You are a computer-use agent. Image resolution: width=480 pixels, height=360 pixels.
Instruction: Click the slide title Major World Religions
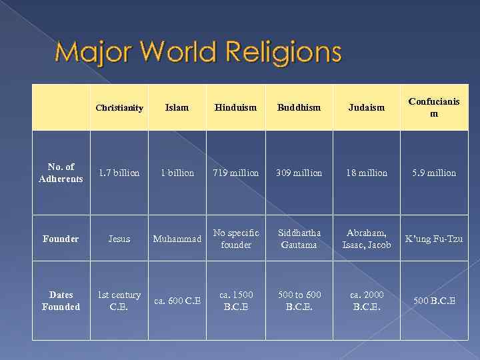[x=198, y=51]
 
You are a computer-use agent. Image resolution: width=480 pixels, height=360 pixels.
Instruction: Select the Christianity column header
[x=119, y=107]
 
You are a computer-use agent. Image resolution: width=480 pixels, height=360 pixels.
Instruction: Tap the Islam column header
[x=177, y=107]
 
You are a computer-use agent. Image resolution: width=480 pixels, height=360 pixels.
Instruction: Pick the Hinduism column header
[x=235, y=107]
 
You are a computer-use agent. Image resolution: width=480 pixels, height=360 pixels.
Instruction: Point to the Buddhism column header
[x=299, y=107]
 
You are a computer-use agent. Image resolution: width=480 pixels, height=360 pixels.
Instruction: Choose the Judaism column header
[x=366, y=107]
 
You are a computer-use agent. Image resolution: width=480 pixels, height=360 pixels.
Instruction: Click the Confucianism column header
[x=433, y=107]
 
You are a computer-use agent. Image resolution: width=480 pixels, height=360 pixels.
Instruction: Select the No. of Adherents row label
[x=61, y=173]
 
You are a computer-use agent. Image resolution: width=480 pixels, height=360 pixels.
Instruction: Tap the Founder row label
[x=61, y=239]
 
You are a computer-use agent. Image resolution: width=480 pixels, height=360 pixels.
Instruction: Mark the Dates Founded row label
[x=61, y=301]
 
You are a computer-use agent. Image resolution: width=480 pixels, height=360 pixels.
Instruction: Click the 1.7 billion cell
[x=119, y=173]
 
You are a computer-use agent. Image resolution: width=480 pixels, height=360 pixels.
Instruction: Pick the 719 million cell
[x=235, y=173]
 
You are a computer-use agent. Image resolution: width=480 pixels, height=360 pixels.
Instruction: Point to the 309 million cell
[x=299, y=173]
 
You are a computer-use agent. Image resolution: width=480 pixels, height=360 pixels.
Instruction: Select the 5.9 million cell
[x=433, y=173]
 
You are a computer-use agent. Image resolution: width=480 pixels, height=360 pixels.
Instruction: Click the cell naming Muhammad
[x=177, y=239]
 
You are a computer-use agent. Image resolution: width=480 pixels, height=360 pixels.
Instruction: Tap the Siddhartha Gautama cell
[x=299, y=239]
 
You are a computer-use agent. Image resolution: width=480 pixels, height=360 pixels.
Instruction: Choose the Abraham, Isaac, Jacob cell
[x=366, y=239]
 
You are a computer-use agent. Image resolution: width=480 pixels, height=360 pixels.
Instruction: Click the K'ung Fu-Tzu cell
[x=433, y=239]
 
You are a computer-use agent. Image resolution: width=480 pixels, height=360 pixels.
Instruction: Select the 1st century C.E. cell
[x=119, y=301]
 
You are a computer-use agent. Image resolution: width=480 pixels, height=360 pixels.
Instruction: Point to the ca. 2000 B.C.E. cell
[x=366, y=301]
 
